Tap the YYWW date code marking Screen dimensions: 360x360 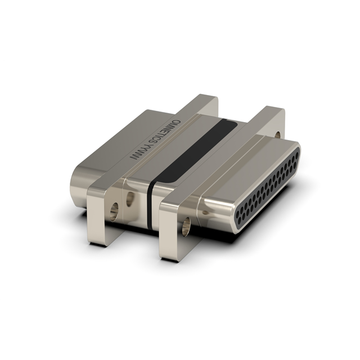click(138, 154)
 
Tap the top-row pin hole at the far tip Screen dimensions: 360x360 click(292, 151)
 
